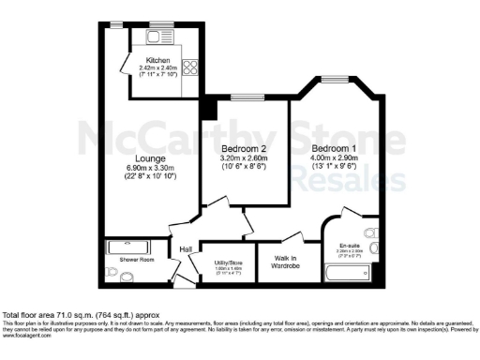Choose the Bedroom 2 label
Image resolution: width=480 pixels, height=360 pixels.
[x=245, y=149]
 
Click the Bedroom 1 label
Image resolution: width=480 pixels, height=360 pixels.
[x=334, y=149]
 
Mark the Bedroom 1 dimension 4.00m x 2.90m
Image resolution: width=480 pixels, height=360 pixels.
[x=334, y=158]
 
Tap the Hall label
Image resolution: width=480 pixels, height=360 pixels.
[x=187, y=249]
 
